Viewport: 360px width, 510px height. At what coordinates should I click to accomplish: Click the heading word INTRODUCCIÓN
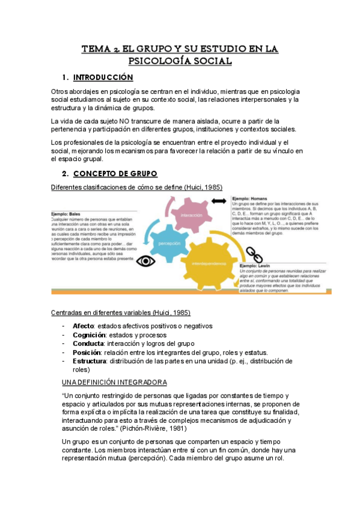[103, 78]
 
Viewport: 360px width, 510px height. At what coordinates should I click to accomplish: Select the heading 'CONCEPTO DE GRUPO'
[115, 174]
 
